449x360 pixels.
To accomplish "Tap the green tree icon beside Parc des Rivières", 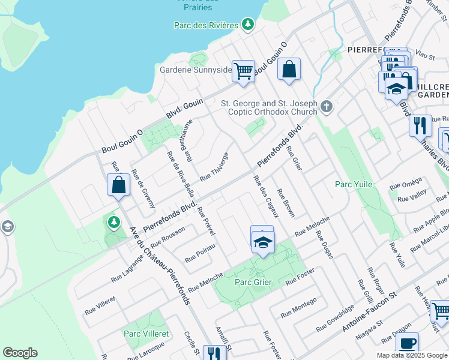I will [247, 24].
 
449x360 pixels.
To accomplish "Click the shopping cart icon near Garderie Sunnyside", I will [243, 71].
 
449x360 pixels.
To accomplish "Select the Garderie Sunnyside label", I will [195, 70].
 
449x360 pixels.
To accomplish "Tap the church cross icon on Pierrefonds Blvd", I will [326, 107].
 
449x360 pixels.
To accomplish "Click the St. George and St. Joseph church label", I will [269, 107].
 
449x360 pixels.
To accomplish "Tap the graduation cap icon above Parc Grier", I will [262, 242].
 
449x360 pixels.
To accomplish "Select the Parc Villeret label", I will [146, 333].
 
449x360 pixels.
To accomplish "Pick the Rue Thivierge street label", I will [214, 166].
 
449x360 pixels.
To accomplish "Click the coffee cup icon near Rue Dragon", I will [407, 343].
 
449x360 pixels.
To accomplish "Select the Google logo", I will [20, 353].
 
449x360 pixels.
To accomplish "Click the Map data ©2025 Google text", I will [412, 355].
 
